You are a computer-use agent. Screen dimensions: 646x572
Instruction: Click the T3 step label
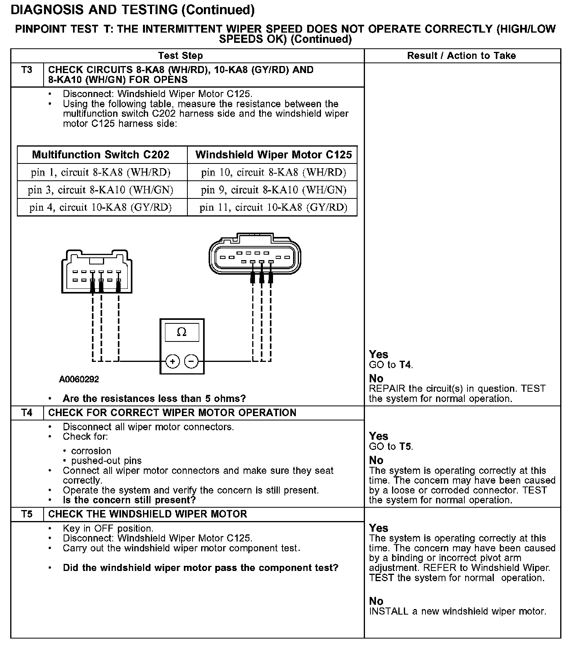27,70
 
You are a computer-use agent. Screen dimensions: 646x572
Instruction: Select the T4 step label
27,413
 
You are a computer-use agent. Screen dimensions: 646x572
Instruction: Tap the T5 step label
27,514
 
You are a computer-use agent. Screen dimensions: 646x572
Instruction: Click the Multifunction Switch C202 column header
101,154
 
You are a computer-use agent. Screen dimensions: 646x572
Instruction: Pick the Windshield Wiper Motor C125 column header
273,154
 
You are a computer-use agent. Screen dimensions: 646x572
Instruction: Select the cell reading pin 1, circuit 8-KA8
101,173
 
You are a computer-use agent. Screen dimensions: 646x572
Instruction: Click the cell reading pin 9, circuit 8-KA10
273,190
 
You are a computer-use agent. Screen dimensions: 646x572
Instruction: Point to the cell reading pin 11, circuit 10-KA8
273,207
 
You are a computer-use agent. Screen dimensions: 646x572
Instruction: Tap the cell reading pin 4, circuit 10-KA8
101,207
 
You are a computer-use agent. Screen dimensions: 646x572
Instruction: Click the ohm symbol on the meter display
181,332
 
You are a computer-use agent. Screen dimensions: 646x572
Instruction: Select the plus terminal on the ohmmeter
173,361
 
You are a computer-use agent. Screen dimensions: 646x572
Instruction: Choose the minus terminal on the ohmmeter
191,361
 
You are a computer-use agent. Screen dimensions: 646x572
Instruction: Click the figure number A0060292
79,380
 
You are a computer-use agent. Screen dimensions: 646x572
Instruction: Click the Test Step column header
180,56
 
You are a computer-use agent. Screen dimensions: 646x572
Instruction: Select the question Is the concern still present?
129,500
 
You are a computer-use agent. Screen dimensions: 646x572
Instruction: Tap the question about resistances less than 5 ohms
154,399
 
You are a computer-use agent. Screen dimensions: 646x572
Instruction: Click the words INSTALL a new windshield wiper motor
457,611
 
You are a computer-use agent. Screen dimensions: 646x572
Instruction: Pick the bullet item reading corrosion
91,451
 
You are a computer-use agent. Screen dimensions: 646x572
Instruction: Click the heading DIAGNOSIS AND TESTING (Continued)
133,10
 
